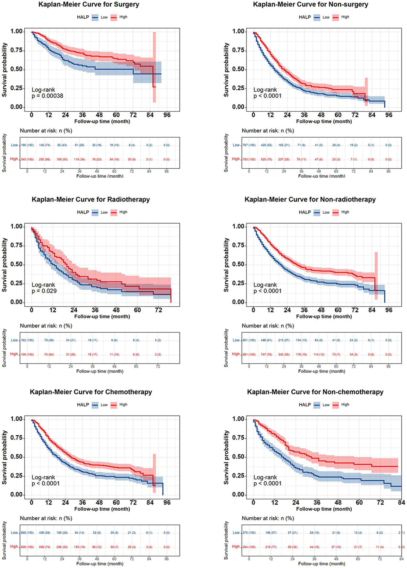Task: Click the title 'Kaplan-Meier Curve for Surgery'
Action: click(89, 5)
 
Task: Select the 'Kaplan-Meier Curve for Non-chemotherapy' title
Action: click(315, 392)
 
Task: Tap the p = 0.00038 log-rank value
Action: click(47, 96)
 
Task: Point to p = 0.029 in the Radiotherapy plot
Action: click(44, 291)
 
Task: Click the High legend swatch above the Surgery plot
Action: click(114, 18)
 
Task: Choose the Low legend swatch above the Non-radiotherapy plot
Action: click(317, 213)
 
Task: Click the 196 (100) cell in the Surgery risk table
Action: click(27, 145)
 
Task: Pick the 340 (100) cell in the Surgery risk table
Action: click(27, 159)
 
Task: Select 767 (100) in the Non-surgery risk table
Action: click(249, 145)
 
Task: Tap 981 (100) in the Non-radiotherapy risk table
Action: click(249, 355)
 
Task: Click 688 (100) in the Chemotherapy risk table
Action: click(27, 533)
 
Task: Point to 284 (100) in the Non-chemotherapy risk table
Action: click(249, 547)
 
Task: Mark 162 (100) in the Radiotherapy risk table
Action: click(27, 340)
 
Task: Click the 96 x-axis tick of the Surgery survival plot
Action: click(167, 115)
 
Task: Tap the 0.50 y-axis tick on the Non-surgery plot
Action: click(238, 69)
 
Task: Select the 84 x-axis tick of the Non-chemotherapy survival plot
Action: click(401, 503)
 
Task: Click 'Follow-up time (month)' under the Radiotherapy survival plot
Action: click(102, 317)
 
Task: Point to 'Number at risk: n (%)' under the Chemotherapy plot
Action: click(46, 518)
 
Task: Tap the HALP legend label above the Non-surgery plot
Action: click(305, 17)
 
